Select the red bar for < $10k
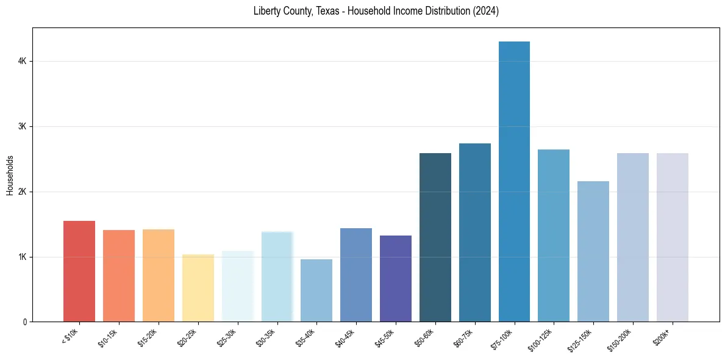(79, 271)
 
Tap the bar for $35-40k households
(316, 290)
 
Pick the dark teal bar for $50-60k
(435, 237)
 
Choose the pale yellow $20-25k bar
(198, 288)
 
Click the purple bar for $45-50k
(396, 278)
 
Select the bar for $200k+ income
(673, 237)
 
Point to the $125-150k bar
(593, 251)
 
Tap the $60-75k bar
(475, 232)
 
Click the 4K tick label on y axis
(22, 62)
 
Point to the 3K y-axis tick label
(22, 127)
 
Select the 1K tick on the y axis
(22, 257)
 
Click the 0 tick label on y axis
(24, 322)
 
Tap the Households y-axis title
(10, 175)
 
